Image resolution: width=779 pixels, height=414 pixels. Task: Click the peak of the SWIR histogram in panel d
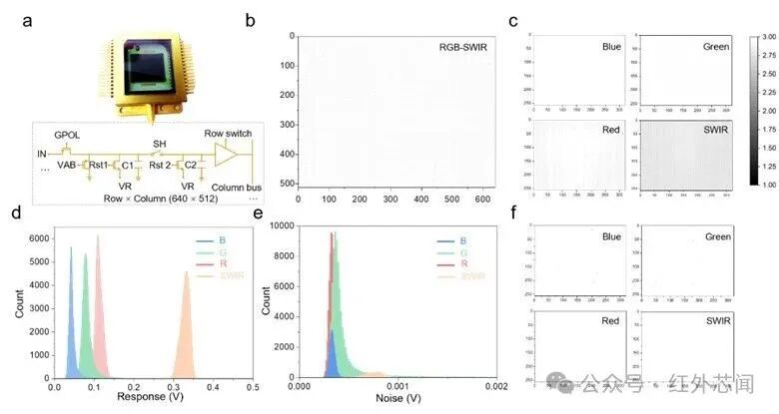(x=186, y=272)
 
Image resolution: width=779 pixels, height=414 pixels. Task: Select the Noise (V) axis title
(x=397, y=397)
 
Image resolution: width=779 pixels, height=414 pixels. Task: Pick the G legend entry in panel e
(x=464, y=254)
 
